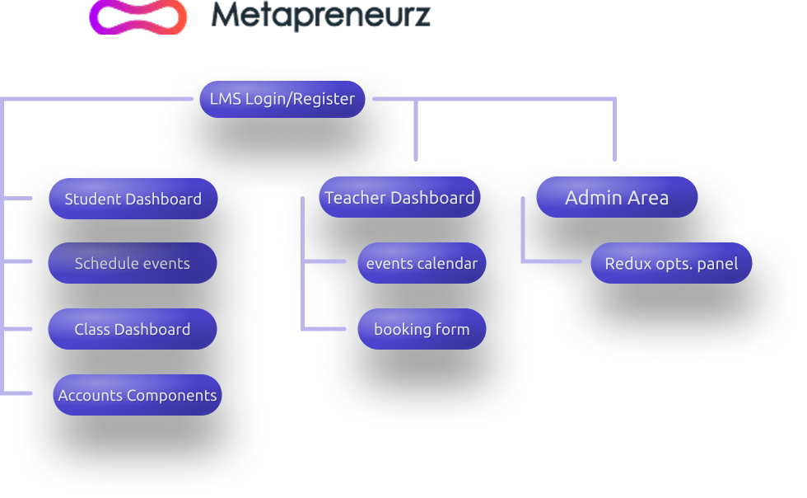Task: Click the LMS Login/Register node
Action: (x=282, y=100)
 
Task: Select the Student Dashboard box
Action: (x=133, y=199)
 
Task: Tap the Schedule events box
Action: (x=132, y=264)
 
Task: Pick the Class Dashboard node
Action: (x=132, y=330)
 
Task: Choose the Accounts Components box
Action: (x=138, y=396)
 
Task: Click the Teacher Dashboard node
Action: (x=399, y=198)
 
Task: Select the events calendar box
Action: (x=422, y=264)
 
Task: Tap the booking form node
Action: (x=422, y=330)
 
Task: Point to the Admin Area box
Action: (x=617, y=198)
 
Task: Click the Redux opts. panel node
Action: (x=671, y=264)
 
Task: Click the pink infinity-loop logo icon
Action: (x=138, y=16)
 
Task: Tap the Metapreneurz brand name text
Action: (x=320, y=15)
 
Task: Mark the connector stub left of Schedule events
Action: (x=18, y=262)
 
